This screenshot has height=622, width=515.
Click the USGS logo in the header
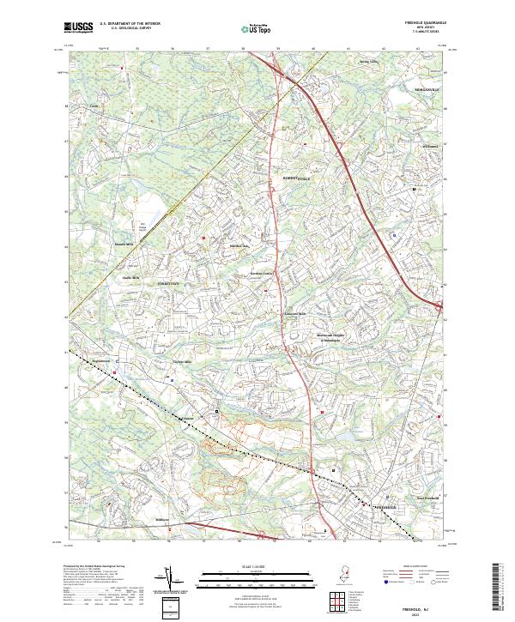79,27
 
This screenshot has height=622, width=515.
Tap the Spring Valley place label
368,62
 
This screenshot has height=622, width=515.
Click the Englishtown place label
101,362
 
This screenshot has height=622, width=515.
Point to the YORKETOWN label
169,281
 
